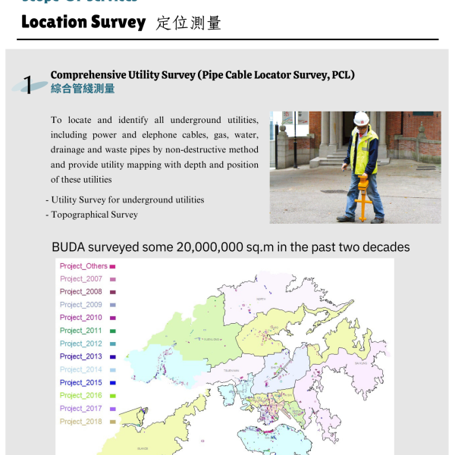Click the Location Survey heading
pyautogui.click(x=83, y=22)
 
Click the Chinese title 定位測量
pyautogui.click(x=189, y=23)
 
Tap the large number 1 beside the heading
pyautogui.click(x=29, y=85)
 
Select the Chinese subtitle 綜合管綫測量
pyautogui.click(x=83, y=89)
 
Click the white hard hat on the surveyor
pyautogui.click(x=362, y=119)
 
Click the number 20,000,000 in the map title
pyautogui.click(x=215, y=247)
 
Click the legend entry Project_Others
pyautogui.click(x=83, y=266)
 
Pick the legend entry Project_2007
pyautogui.click(x=81, y=279)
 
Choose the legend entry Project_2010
pyautogui.click(x=81, y=318)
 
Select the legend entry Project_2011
pyautogui.click(x=81, y=331)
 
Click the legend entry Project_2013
pyautogui.click(x=81, y=356)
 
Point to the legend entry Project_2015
pyautogui.click(x=81, y=382)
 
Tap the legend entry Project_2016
pyautogui.click(x=81, y=395)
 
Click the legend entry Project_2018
pyautogui.click(x=81, y=422)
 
